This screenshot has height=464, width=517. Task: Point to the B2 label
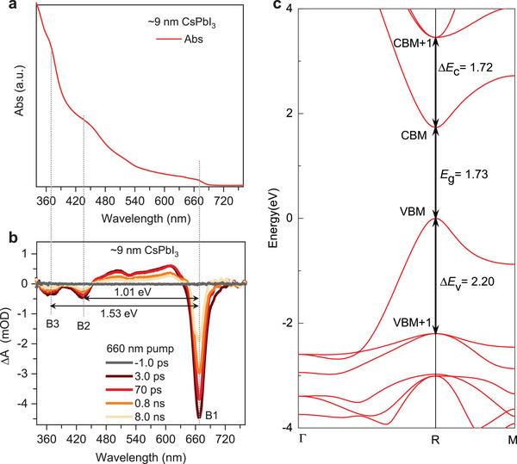(83, 326)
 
